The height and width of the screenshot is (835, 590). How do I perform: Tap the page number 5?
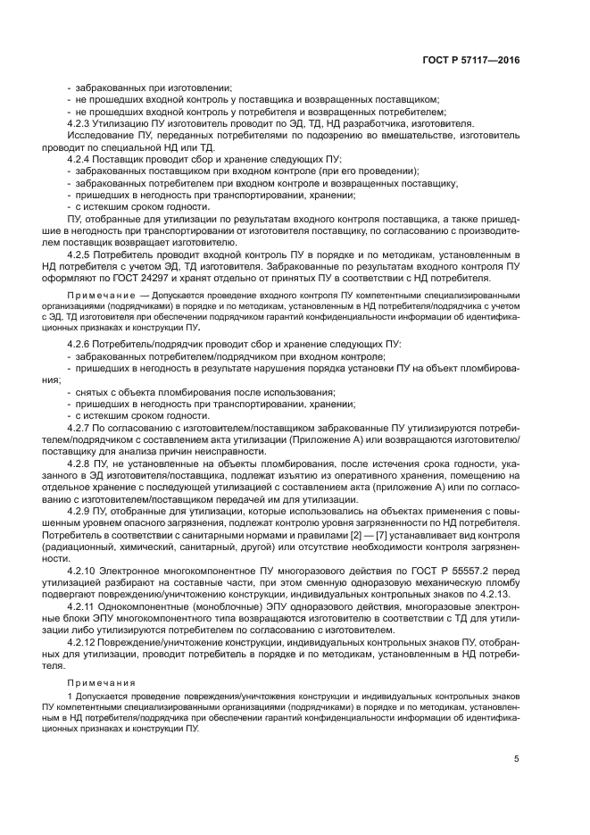point(517,759)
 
